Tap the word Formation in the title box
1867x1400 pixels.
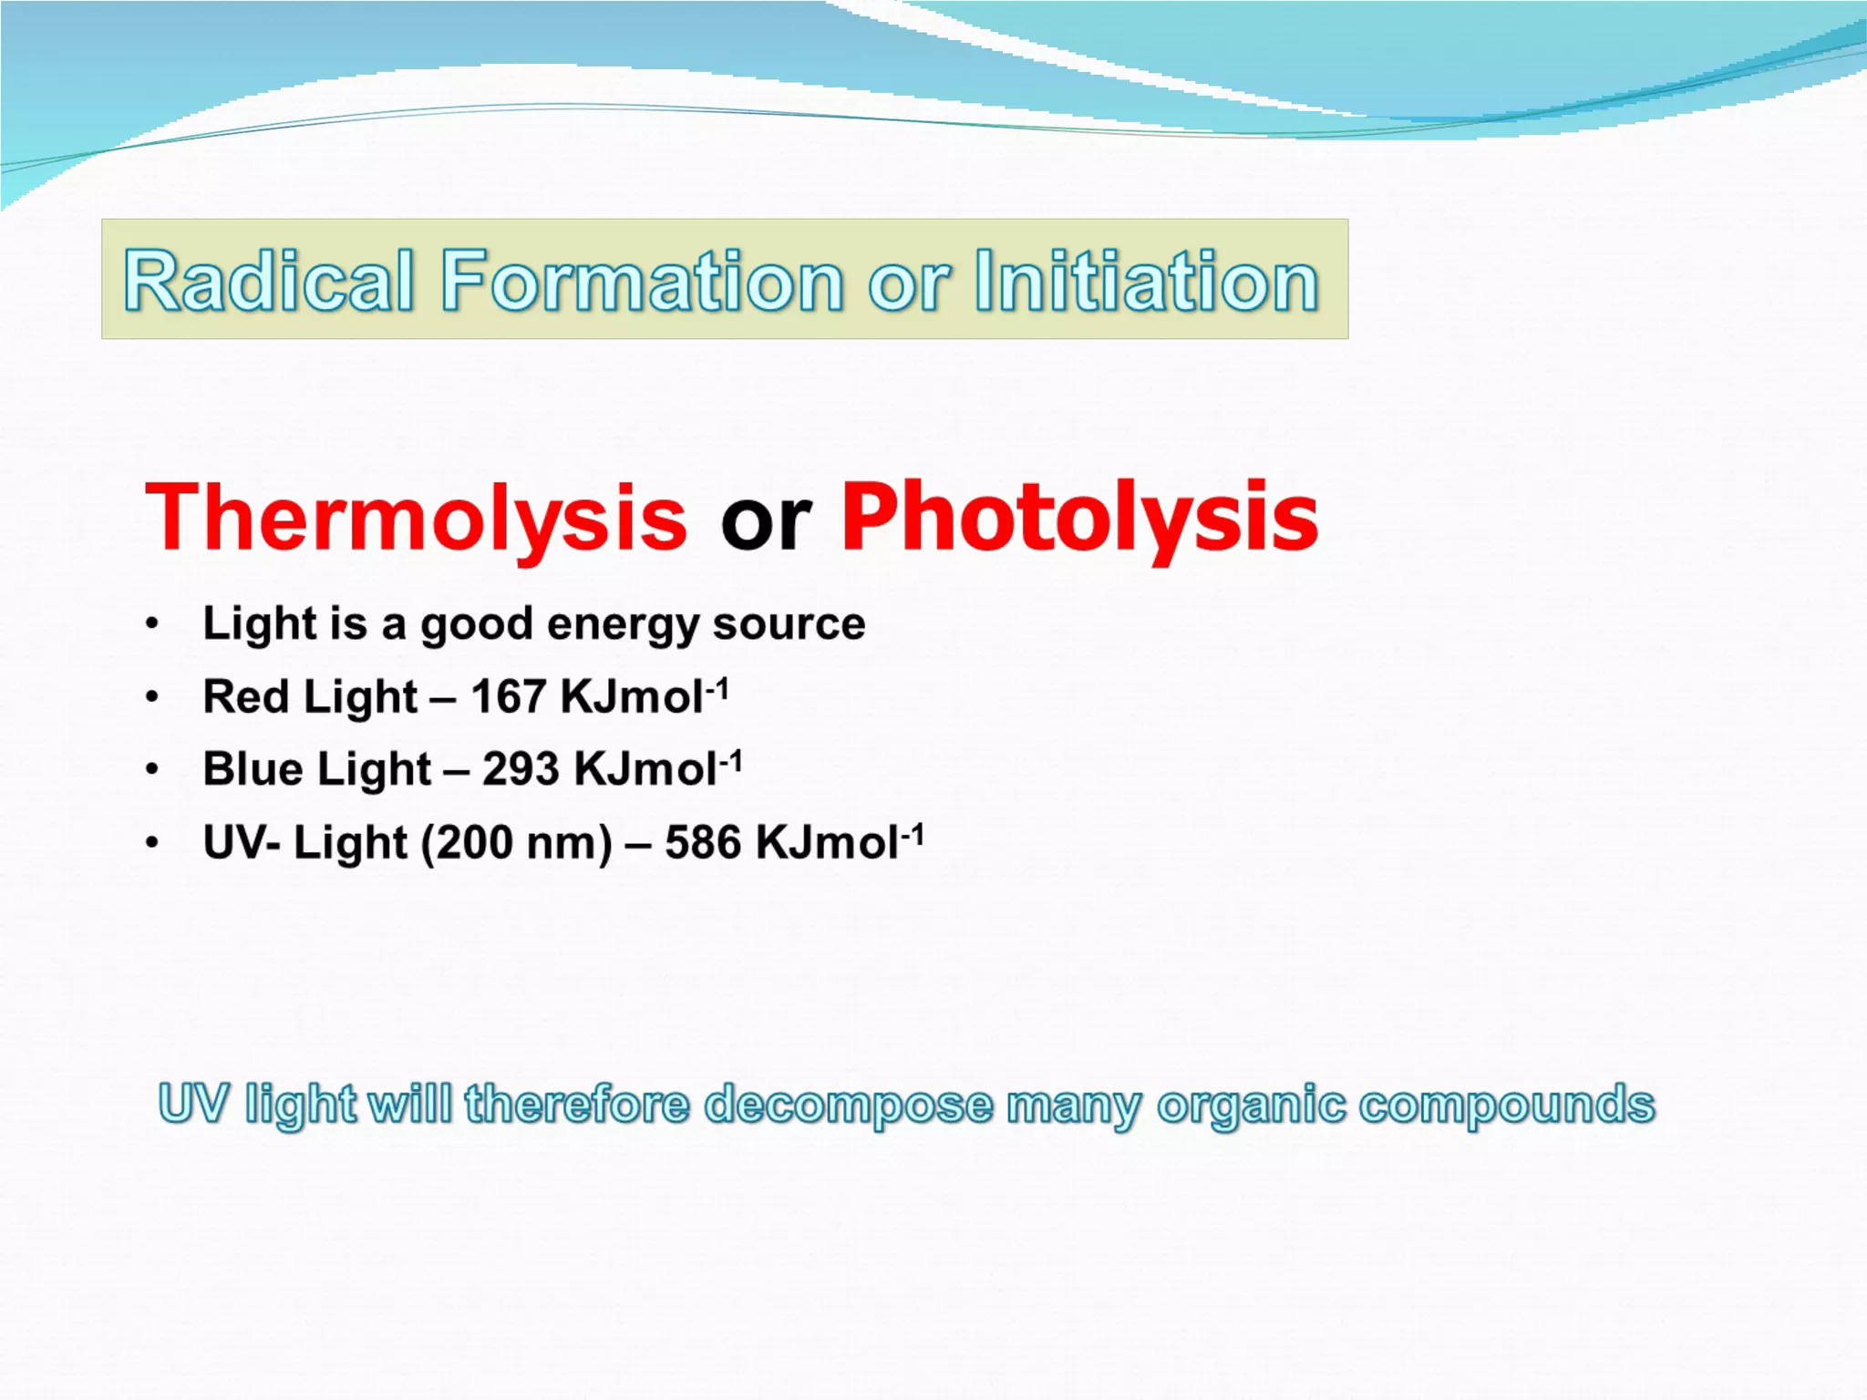click(643, 281)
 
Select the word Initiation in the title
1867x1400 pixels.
click(1146, 281)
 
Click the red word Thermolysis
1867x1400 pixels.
click(416, 518)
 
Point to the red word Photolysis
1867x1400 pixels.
click(1078, 518)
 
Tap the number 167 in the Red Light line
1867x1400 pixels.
click(508, 696)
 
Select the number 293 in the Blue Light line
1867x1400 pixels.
click(521, 769)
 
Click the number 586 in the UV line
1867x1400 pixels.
click(703, 842)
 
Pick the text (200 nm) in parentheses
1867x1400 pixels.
click(516, 843)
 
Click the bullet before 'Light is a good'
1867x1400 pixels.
click(152, 624)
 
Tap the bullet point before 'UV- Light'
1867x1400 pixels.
click(152, 843)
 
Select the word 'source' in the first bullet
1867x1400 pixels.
click(789, 624)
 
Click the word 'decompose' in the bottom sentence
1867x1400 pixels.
click(849, 1106)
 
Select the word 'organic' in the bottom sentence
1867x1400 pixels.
click(1250, 1106)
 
